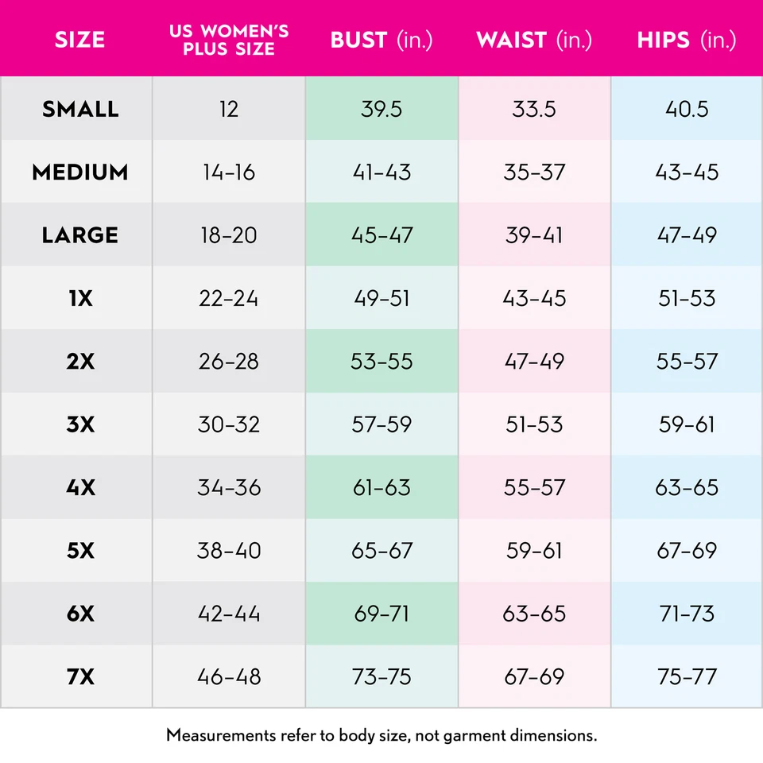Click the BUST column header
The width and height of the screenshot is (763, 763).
[381, 41]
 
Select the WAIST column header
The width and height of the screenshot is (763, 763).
[534, 41]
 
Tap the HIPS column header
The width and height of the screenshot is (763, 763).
[687, 41]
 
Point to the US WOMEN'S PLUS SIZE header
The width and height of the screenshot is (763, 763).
[229, 41]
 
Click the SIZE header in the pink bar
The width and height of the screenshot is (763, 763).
[80, 41]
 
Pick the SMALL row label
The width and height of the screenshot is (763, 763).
[80, 109]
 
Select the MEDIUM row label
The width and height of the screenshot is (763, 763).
[80, 172]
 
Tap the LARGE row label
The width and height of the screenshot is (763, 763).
[80, 235]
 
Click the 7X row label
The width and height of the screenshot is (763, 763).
[80, 677]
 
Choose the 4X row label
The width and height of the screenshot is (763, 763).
[80, 487]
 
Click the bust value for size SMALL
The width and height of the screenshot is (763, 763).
[381, 109]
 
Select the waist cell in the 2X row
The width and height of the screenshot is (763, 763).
[534, 361]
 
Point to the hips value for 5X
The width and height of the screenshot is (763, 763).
[687, 551]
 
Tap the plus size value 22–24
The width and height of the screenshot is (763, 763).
[229, 298]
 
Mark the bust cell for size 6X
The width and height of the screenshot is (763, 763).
[381, 614]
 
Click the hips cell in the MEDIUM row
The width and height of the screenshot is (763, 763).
[687, 172]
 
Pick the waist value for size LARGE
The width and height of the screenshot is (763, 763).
[534, 235]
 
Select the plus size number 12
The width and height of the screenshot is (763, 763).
[229, 109]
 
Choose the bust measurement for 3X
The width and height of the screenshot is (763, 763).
[381, 424]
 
